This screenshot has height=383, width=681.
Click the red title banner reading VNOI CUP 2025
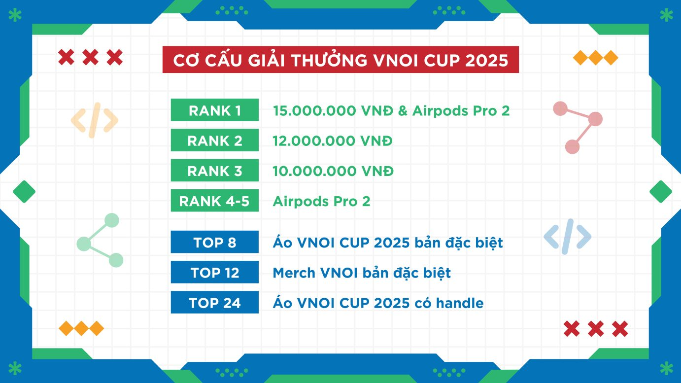pyautogui.click(x=340, y=59)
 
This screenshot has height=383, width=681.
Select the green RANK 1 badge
pyautogui.click(x=215, y=110)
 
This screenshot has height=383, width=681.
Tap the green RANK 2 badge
pyautogui.click(x=215, y=140)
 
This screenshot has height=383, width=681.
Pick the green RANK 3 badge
pyautogui.click(x=215, y=170)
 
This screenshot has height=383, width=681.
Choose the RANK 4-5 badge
pyautogui.click(x=215, y=200)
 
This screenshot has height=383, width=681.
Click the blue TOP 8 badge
pyautogui.click(x=215, y=242)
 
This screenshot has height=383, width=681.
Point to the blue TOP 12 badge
pyautogui.click(x=215, y=272)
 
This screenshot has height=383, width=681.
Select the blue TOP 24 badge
pyautogui.click(x=215, y=302)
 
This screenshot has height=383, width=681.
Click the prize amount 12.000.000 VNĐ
pyautogui.click(x=333, y=140)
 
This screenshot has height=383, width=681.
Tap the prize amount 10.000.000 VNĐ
pyautogui.click(x=333, y=171)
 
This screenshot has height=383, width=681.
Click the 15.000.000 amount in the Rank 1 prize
pyautogui.click(x=314, y=111)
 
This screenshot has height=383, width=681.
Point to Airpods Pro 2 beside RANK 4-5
pyautogui.click(x=322, y=201)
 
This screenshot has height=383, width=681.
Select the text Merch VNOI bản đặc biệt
pyautogui.click(x=362, y=273)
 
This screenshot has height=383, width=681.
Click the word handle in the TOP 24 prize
pyautogui.click(x=460, y=303)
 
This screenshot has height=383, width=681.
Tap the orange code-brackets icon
pyautogui.click(x=95, y=120)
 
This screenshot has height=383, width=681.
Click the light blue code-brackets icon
pyautogui.click(x=567, y=237)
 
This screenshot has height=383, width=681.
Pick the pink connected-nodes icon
pyautogui.click(x=578, y=128)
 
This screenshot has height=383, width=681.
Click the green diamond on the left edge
pyautogui.click(x=24, y=191)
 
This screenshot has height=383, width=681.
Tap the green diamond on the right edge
pyautogui.click(x=661, y=191)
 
